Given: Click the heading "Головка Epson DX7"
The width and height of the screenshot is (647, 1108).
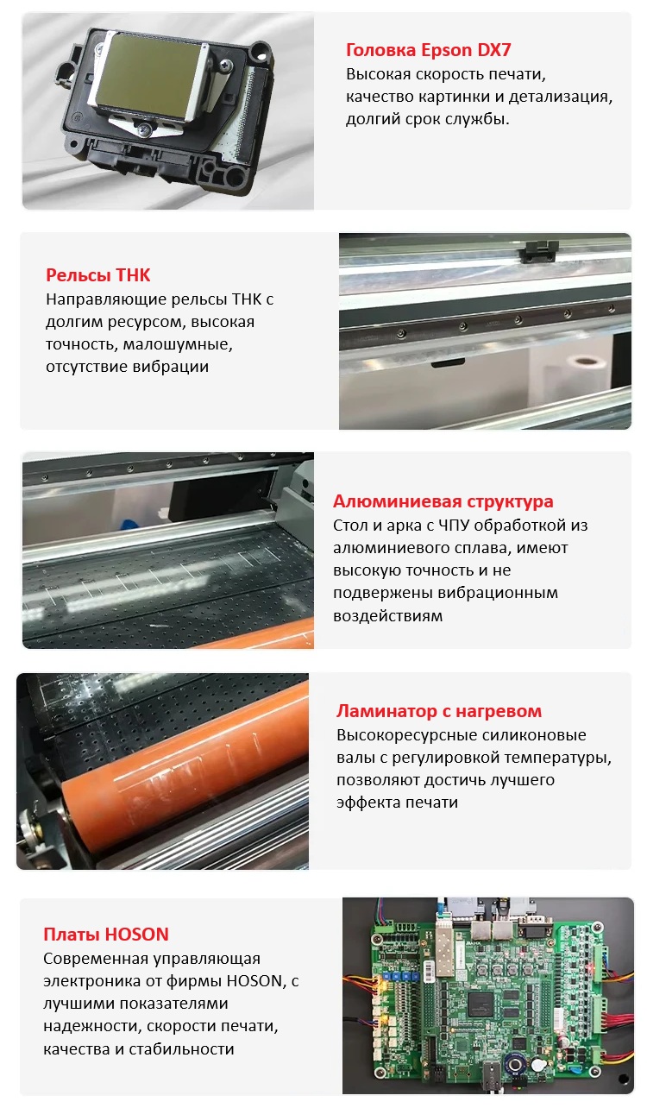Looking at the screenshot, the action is coord(428,50).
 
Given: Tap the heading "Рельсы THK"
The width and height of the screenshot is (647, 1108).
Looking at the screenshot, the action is coord(98,275).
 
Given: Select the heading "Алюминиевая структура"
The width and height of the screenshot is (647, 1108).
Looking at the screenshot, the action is coord(443,501).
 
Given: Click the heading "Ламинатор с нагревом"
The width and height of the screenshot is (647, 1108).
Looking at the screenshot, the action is coord(439,711).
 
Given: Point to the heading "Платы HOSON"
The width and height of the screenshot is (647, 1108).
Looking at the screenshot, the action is coord(106,934).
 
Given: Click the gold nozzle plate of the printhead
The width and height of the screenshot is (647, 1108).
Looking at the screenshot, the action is coord(148,72).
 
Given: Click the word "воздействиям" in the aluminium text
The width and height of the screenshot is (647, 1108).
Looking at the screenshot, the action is coord(388,616).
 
